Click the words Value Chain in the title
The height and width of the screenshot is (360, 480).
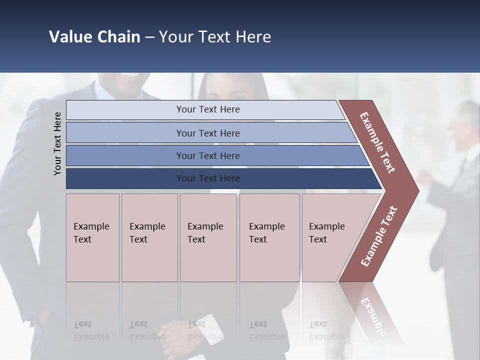[94, 37]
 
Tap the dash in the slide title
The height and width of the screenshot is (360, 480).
[149, 37]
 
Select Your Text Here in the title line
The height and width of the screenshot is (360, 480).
[215, 37]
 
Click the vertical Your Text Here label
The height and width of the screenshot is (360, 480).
[57, 143]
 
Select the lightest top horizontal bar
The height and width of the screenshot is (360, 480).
[207, 109]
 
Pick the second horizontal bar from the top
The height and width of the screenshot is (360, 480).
[207, 133]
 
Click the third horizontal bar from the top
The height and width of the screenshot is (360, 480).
[207, 155]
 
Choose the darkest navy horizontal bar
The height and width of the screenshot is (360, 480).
[207, 178]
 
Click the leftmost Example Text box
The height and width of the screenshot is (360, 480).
[92, 237]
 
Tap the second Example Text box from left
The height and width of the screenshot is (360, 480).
[149, 237]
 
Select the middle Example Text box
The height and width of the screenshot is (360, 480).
[208, 237]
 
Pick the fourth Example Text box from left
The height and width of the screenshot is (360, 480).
[269, 237]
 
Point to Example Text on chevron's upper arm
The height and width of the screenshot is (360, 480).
[377, 142]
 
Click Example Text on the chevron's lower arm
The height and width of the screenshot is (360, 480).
[379, 236]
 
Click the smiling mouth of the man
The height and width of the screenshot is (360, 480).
[129, 75]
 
